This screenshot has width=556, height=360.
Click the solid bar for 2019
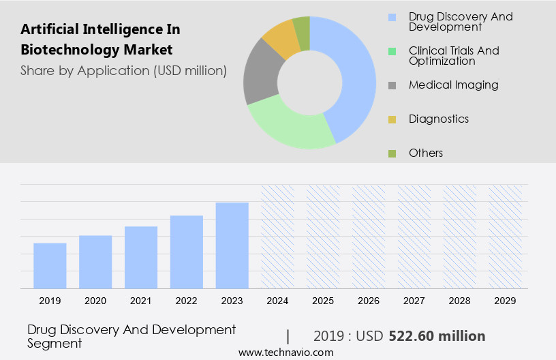pyautogui.click(x=50, y=265)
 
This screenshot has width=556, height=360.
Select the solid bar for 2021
pyautogui.click(x=141, y=257)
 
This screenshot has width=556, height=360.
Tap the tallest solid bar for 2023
pyautogui.click(x=232, y=245)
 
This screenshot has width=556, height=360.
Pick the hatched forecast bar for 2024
pyautogui.click(x=278, y=236)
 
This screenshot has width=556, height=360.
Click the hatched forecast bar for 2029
pyautogui.click(x=506, y=236)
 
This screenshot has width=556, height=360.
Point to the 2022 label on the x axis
pyautogui.click(x=187, y=300)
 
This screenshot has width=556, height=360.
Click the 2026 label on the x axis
pyautogui.click(x=369, y=300)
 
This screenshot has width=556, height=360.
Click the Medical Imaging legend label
pyautogui.click(x=453, y=85)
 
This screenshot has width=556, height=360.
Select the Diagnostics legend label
pyautogui.click(x=439, y=119)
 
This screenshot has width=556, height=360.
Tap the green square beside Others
pyautogui.click(x=392, y=153)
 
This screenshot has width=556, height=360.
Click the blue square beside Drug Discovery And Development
pyautogui.click(x=392, y=17)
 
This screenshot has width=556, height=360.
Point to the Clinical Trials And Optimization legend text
pyautogui.click(x=454, y=56)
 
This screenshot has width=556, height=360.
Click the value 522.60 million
pyautogui.click(x=437, y=336)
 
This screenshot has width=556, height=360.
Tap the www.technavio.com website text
pyautogui.click(x=285, y=352)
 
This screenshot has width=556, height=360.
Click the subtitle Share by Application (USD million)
pyautogui.click(x=123, y=70)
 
